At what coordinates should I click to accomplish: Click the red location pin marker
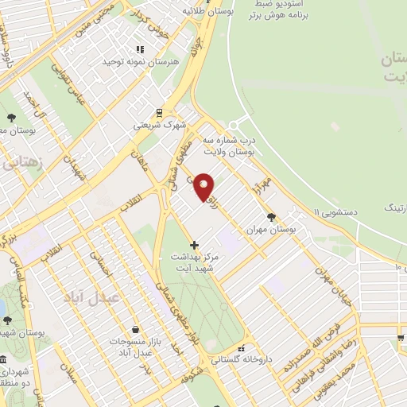point(204,186)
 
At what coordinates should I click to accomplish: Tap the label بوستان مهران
point(272,228)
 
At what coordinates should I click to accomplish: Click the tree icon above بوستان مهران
point(272,215)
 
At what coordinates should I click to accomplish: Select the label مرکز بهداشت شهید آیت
point(194,262)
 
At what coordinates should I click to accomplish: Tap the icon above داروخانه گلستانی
point(242,347)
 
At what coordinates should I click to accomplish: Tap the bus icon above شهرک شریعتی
point(158,112)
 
